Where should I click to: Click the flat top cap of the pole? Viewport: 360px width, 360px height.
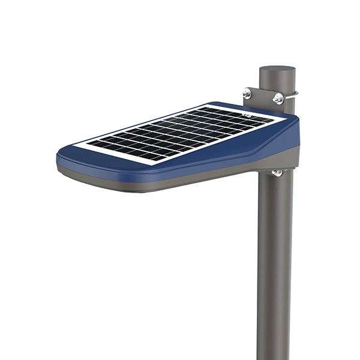pos(277,69)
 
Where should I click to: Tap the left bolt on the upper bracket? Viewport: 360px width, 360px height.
pos(247,93)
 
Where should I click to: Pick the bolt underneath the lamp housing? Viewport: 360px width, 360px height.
pos(277,173)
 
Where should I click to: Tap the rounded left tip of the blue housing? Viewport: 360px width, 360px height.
pos(60,158)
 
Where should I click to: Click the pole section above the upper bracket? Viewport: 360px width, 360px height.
pos(277,79)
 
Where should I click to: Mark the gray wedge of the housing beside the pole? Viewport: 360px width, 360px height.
pos(282,159)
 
